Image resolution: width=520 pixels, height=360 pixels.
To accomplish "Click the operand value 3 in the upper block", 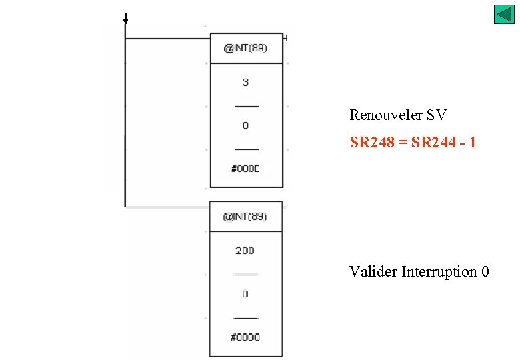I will tap(245, 83).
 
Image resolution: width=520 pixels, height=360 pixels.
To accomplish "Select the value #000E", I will tap(245, 169).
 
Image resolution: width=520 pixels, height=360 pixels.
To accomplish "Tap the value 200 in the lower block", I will tap(245, 251).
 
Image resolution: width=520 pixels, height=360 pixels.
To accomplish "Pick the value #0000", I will tap(245, 337).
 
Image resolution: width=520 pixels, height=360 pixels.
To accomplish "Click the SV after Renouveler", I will tap(437, 115).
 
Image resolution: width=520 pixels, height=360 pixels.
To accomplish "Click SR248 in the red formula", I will tap(371, 143).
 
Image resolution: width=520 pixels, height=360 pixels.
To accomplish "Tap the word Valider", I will tap(373, 272).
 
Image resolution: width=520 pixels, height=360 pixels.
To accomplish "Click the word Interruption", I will tap(439, 272).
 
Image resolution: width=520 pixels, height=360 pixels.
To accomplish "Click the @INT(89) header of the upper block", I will tap(245, 49).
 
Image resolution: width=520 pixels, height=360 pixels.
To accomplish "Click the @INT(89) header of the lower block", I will tap(245, 217).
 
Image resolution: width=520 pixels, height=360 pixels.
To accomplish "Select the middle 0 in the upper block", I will tap(245, 125).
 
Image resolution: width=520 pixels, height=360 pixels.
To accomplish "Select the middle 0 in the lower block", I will tap(245, 294).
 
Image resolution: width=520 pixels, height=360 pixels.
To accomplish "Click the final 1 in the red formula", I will tap(473, 143).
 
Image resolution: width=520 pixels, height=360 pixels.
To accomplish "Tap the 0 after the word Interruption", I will tap(485, 272).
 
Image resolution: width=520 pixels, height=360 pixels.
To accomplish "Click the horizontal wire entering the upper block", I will tap(167, 39).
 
